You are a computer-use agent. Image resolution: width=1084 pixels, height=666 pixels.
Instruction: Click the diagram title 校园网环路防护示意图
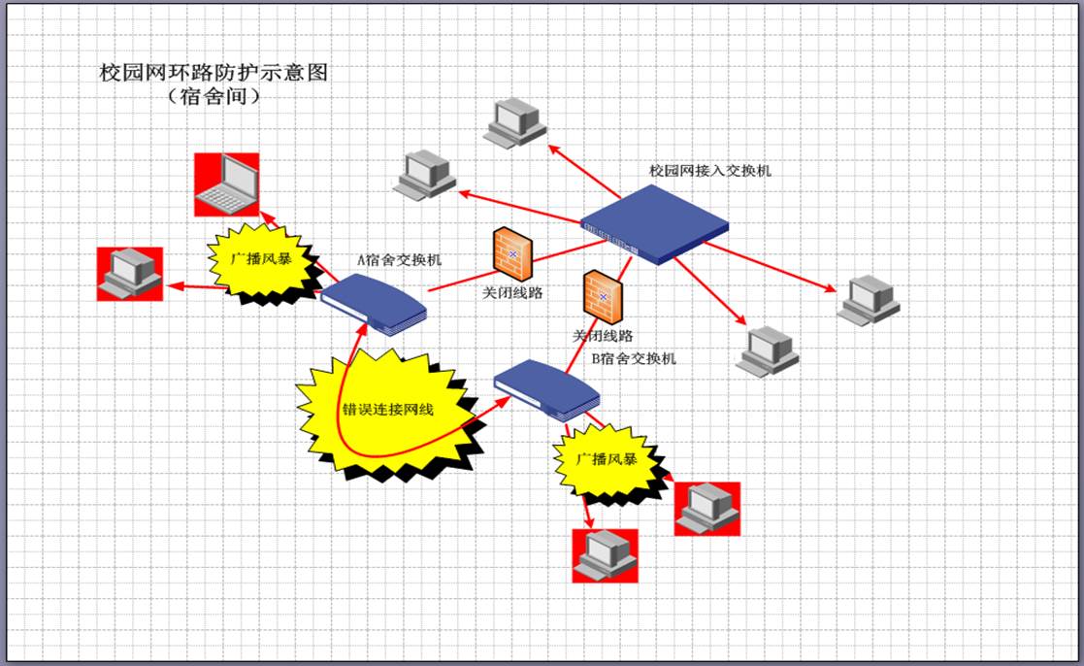[x=214, y=73]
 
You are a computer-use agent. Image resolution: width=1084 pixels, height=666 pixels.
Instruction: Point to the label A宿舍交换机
[x=399, y=260]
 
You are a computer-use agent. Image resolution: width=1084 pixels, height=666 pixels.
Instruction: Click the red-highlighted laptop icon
[x=226, y=184]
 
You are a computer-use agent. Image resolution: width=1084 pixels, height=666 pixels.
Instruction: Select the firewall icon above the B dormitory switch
[x=602, y=297]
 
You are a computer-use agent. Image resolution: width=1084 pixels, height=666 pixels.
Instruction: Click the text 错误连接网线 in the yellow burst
[x=387, y=410]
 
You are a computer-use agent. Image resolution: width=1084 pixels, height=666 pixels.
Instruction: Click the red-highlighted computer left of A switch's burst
[x=130, y=273]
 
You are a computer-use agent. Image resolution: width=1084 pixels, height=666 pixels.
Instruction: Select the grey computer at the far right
[x=870, y=299]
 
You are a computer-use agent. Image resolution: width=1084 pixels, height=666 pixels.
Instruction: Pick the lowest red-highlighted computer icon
[x=605, y=555]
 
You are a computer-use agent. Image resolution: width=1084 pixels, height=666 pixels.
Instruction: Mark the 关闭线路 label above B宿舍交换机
[x=602, y=336]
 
